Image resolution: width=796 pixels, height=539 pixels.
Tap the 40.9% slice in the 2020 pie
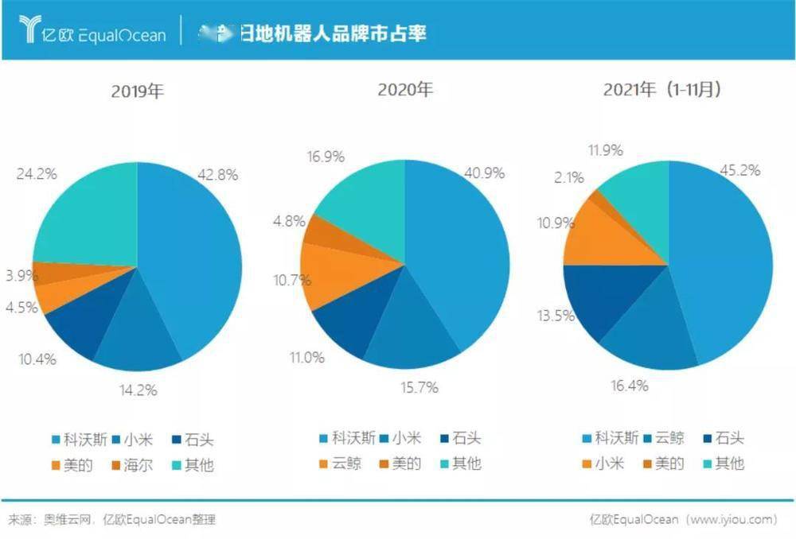[462, 246]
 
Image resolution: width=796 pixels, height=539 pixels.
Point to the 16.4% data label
[628, 386]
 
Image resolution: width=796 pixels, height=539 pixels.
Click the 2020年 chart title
[404, 89]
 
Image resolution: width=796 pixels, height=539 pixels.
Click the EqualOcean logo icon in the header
[30, 29]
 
